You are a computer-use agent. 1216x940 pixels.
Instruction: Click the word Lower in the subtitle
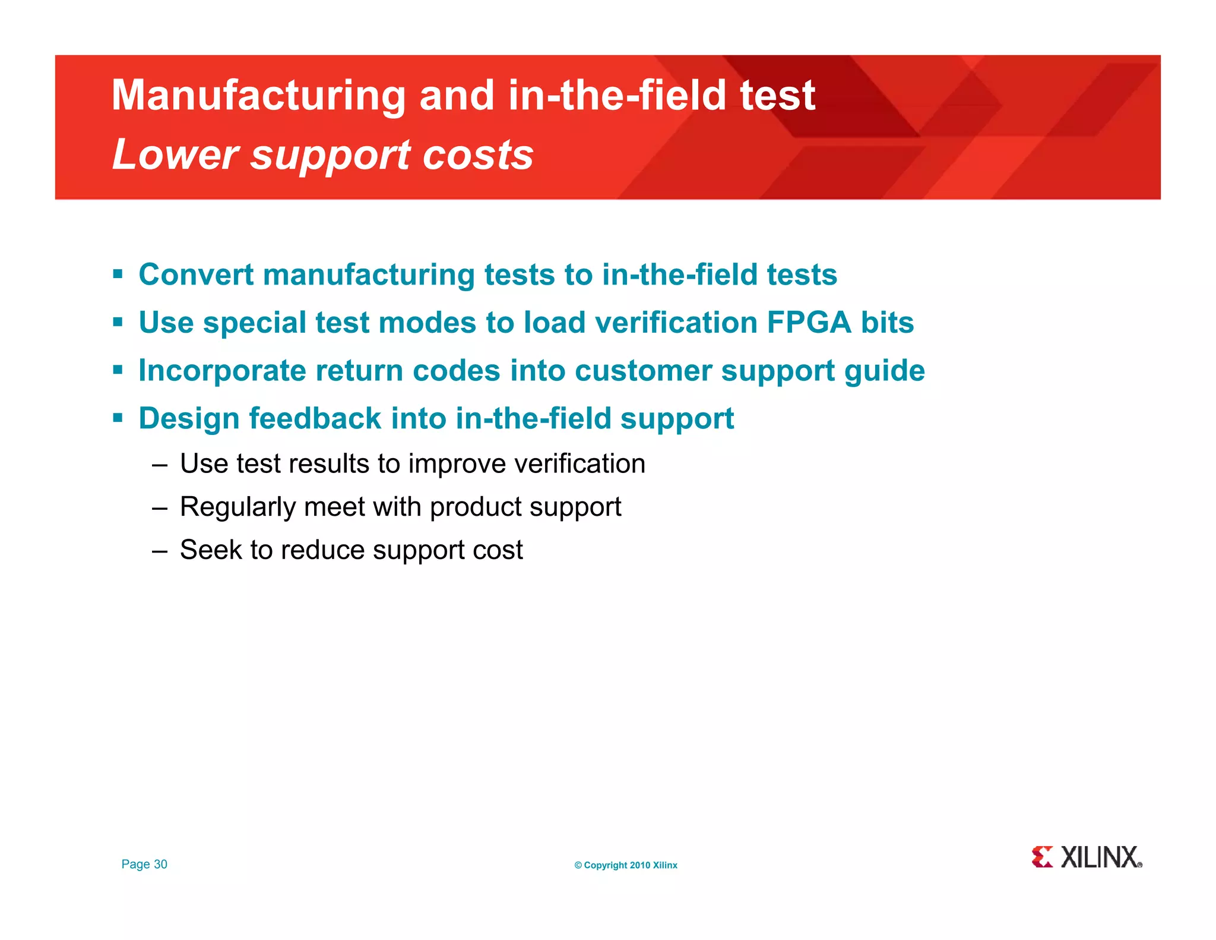(175, 154)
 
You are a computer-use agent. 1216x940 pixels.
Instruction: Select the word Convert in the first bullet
(196, 275)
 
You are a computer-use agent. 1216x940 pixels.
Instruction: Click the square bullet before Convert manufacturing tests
(118, 275)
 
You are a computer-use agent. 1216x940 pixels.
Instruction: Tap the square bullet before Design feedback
(118, 418)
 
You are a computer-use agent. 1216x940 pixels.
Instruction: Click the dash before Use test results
(159, 465)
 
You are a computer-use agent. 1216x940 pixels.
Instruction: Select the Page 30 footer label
(144, 864)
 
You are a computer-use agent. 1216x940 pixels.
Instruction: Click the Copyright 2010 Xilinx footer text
(626, 865)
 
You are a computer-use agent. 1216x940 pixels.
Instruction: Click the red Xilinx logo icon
(1042, 857)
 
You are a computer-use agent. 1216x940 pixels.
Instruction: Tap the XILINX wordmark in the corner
(1101, 857)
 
